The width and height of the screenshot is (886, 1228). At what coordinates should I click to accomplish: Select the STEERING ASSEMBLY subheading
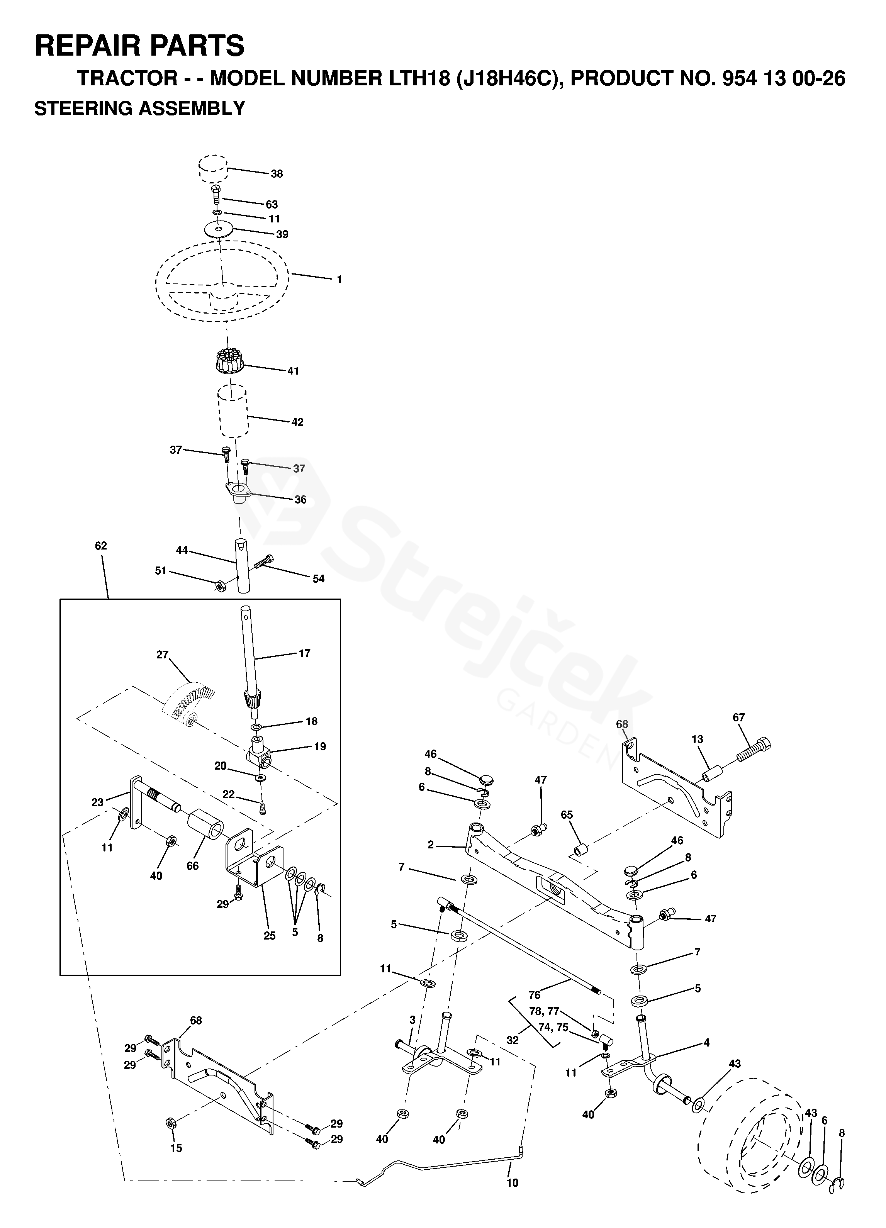(140, 109)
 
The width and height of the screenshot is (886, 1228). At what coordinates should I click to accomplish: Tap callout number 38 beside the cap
(277, 174)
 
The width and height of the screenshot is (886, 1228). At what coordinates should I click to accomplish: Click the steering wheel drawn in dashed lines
(222, 277)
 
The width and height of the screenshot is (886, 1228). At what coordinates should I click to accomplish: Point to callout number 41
(293, 371)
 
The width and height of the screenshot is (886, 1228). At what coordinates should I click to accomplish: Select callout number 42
(297, 422)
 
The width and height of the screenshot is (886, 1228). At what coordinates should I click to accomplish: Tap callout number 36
(300, 499)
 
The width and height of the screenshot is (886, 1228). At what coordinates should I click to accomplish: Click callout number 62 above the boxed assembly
(101, 546)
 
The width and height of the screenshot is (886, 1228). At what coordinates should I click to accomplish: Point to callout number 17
(304, 653)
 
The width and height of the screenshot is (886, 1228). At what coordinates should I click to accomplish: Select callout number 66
(193, 866)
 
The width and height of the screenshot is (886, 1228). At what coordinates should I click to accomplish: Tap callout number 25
(270, 936)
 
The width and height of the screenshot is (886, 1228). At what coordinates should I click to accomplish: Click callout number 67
(739, 717)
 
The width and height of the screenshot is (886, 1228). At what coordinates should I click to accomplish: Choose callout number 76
(534, 995)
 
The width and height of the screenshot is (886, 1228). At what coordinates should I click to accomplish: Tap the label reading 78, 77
(544, 1011)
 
